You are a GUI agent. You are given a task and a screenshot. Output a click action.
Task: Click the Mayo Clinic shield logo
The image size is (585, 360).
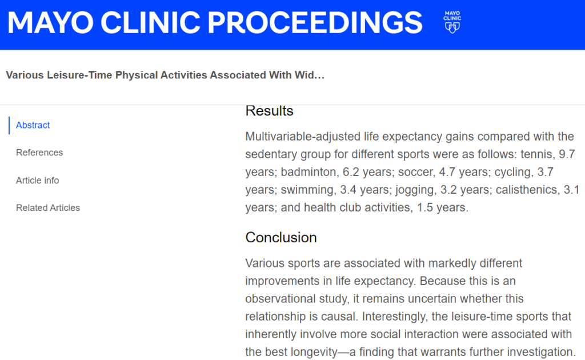(x=452, y=22)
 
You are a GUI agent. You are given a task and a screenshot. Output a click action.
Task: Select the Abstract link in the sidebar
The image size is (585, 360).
(x=33, y=125)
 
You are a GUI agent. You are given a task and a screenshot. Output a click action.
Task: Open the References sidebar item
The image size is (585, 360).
(x=39, y=153)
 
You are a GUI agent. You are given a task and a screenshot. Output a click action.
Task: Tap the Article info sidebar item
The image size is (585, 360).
(x=37, y=181)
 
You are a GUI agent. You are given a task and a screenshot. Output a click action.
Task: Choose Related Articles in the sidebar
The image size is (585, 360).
(x=48, y=208)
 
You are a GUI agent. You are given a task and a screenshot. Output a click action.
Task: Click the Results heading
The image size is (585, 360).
(x=270, y=111)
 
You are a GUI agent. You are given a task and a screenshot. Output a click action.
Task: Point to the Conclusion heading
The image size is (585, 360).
(x=281, y=238)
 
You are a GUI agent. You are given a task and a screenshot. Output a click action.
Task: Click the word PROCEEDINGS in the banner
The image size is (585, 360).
(x=315, y=23)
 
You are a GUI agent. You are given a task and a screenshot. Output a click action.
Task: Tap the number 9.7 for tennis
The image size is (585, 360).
(x=567, y=154)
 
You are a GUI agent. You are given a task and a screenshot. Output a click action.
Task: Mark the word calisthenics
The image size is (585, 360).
(x=526, y=190)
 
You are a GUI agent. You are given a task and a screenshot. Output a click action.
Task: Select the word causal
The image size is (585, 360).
(x=339, y=317)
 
